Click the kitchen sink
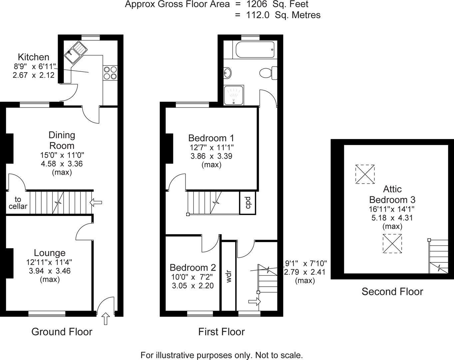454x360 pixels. coord(76,52)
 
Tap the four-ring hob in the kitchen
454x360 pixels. coord(111,73)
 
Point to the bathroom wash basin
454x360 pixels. coord(228,73)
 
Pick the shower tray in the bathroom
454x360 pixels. coord(234,95)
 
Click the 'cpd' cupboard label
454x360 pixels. coord(248,203)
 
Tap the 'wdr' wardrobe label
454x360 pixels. coord(228,276)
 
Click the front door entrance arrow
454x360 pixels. coord(106,319)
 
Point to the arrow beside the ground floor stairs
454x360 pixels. coord(96,202)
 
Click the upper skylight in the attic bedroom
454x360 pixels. coord(365,174)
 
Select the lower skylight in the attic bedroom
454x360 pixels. coord(392,244)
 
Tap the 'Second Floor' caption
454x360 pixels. coord(392,292)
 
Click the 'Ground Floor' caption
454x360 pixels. coord(62,332)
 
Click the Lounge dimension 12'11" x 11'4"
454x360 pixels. coord(49,262)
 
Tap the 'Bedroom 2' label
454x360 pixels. coord(193,267)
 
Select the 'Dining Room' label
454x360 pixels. coord(62,140)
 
